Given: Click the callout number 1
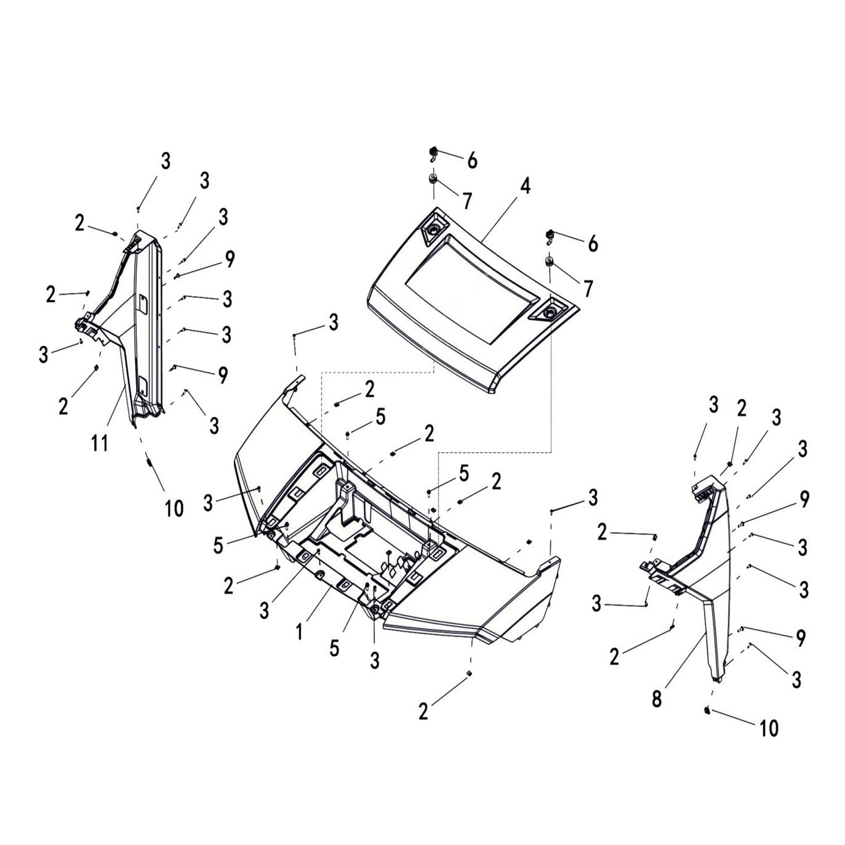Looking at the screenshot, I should [x=299, y=632].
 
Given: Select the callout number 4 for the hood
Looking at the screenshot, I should [x=524, y=186].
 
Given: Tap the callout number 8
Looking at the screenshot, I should [x=657, y=699].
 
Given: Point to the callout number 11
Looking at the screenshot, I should [x=100, y=442].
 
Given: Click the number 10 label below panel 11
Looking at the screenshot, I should [x=174, y=508].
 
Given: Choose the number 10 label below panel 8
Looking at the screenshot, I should [x=769, y=728].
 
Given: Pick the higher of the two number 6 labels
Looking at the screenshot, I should [x=472, y=160].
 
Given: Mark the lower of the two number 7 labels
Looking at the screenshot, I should [x=588, y=288].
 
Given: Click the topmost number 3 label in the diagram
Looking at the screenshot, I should [x=165, y=161].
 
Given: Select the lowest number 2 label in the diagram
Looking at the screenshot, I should [x=423, y=711].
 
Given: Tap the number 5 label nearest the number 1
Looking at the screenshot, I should [x=334, y=648].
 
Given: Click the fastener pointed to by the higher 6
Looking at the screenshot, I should [x=434, y=151].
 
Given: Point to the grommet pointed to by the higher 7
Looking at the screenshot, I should [x=433, y=179].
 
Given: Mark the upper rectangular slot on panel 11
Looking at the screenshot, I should [x=141, y=302].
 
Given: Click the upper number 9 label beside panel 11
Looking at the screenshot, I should [x=229, y=259].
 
